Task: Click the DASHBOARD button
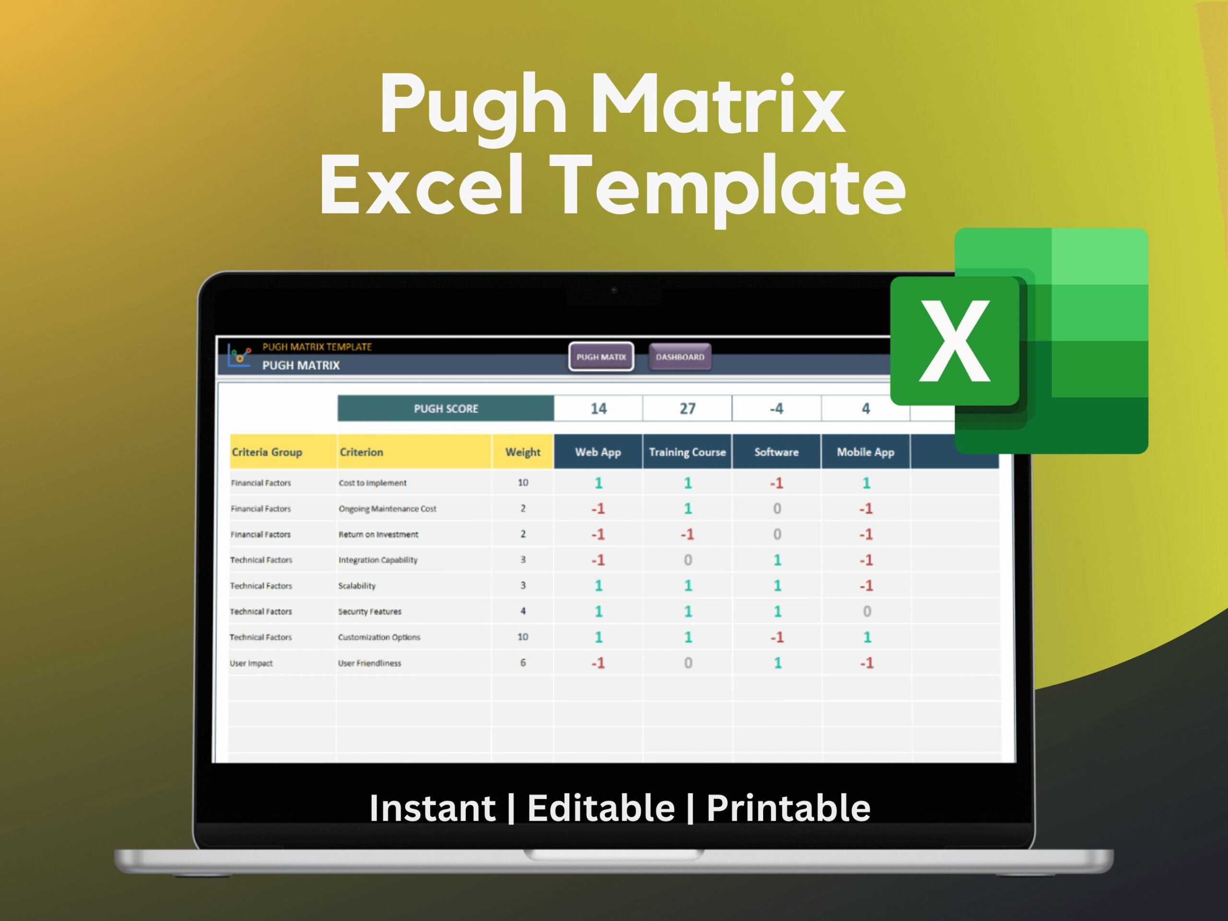(x=680, y=357)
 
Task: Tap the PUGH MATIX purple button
(x=601, y=357)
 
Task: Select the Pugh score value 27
(x=687, y=409)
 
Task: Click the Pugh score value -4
(x=776, y=409)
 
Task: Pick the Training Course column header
(x=687, y=452)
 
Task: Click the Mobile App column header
(x=865, y=452)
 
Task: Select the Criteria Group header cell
(x=267, y=452)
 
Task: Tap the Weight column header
(x=522, y=452)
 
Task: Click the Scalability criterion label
(x=357, y=586)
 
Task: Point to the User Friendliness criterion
(x=370, y=663)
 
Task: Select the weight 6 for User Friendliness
(x=522, y=663)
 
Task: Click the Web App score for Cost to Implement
(x=599, y=483)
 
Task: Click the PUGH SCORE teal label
(x=446, y=409)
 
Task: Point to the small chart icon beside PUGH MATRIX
(x=239, y=355)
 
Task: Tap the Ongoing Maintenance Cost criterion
(x=388, y=509)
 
